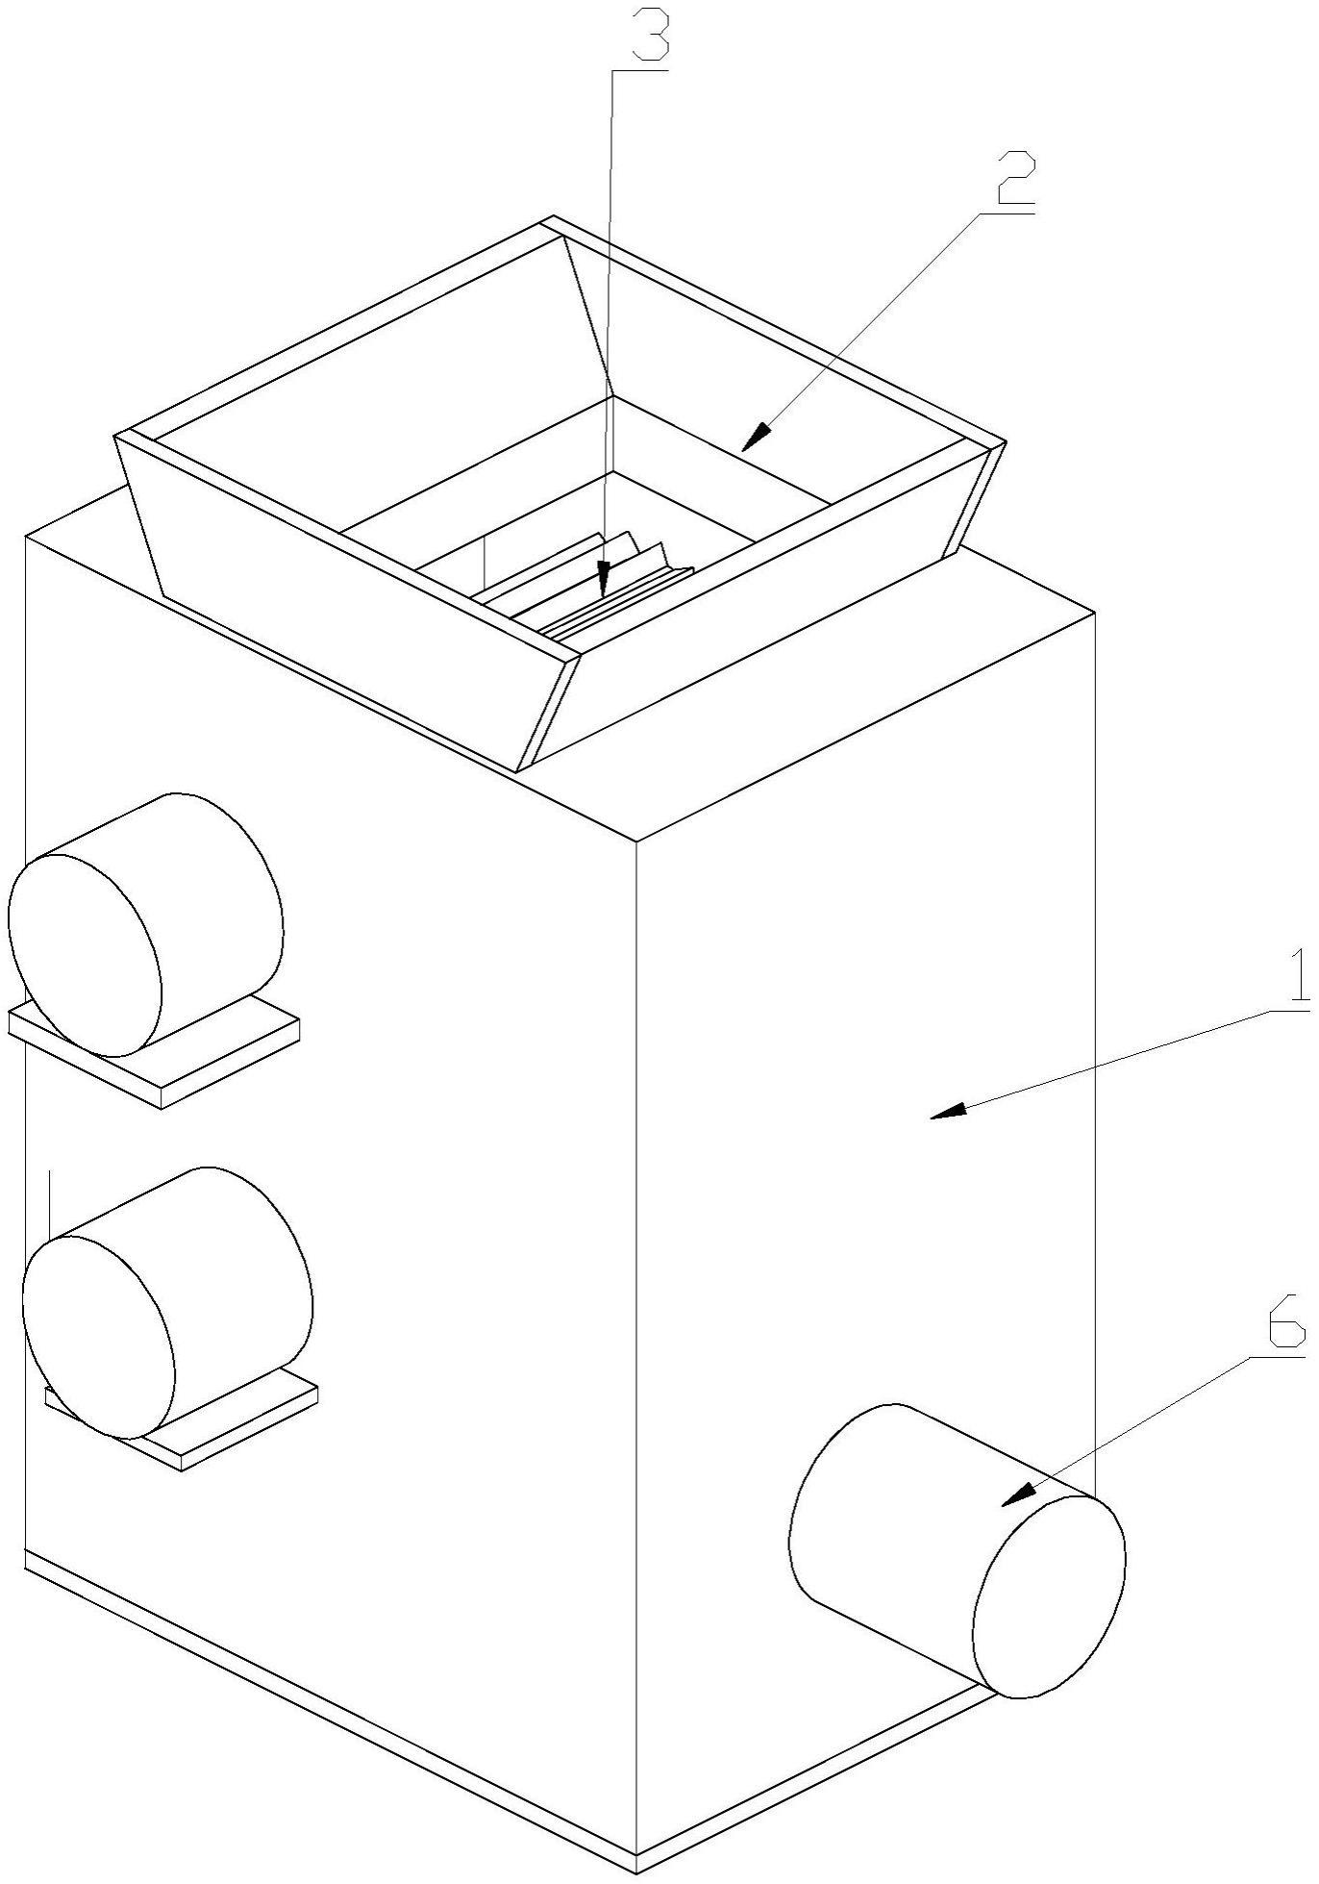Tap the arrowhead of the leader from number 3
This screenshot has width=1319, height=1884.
click(x=604, y=579)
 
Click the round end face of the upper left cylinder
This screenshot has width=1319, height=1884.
click(x=85, y=953)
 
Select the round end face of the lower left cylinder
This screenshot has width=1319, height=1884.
click(x=98, y=1337)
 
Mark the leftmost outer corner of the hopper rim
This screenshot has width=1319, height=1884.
click(x=115, y=436)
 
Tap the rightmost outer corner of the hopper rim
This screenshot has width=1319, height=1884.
click(x=1006, y=442)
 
